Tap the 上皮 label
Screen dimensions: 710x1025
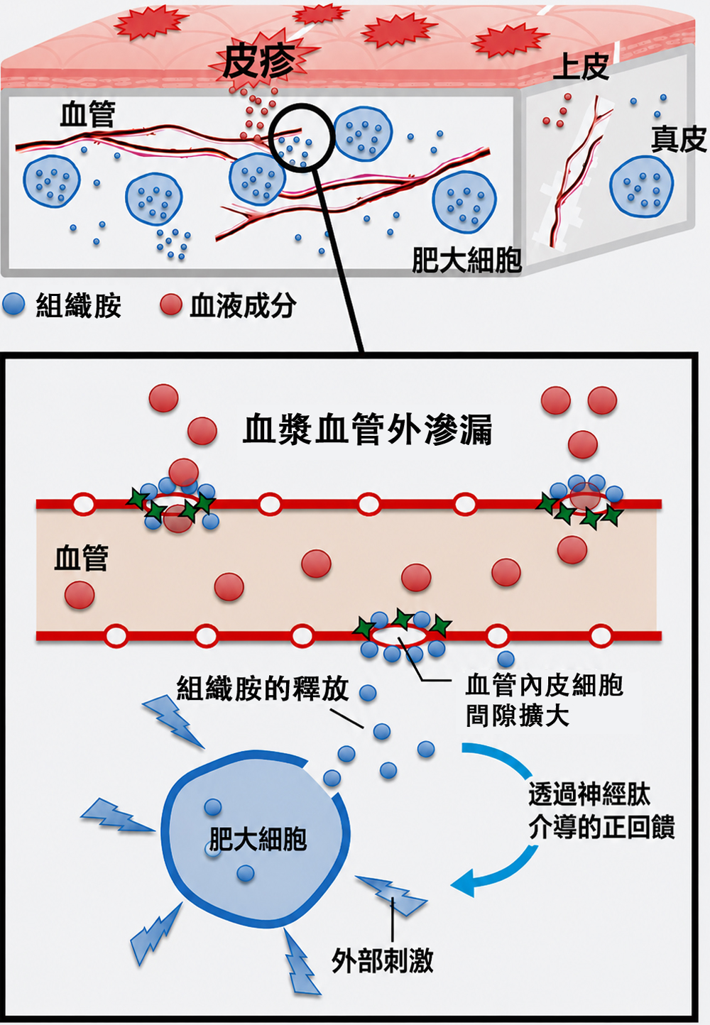pos(581,67)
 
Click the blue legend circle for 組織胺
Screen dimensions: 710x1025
pos(13,305)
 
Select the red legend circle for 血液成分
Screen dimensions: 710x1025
pos(171,305)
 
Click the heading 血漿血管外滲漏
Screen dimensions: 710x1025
pos(368,430)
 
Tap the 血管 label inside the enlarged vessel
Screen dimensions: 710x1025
pos(82,558)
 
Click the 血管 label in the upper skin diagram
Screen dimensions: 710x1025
pos(87,114)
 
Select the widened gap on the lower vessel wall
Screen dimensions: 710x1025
pos(399,635)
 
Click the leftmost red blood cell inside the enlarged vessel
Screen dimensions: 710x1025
pos(80,595)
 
